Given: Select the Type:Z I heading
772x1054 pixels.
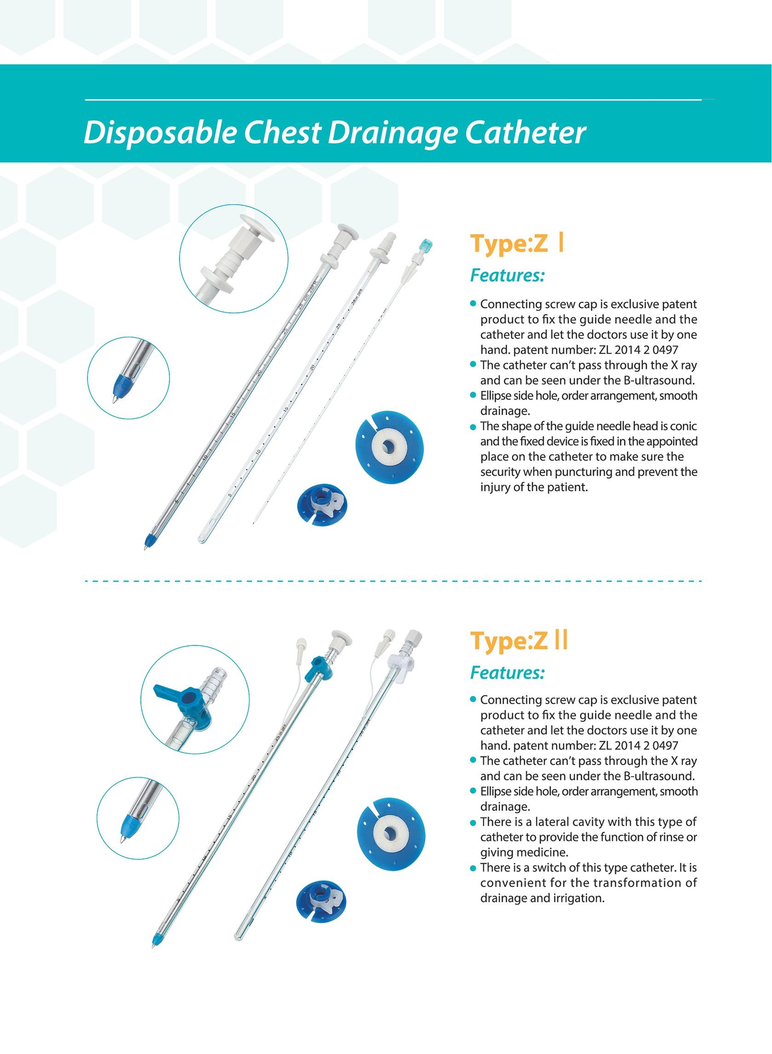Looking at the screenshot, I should pyautogui.click(x=517, y=244).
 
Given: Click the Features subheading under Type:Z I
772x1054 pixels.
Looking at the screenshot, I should pyautogui.click(x=507, y=276).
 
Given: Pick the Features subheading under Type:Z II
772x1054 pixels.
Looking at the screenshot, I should pyautogui.click(x=507, y=673).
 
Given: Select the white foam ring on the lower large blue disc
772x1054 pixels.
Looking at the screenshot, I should pyautogui.click(x=389, y=834).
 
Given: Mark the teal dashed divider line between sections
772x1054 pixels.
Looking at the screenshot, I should pyautogui.click(x=393, y=582).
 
